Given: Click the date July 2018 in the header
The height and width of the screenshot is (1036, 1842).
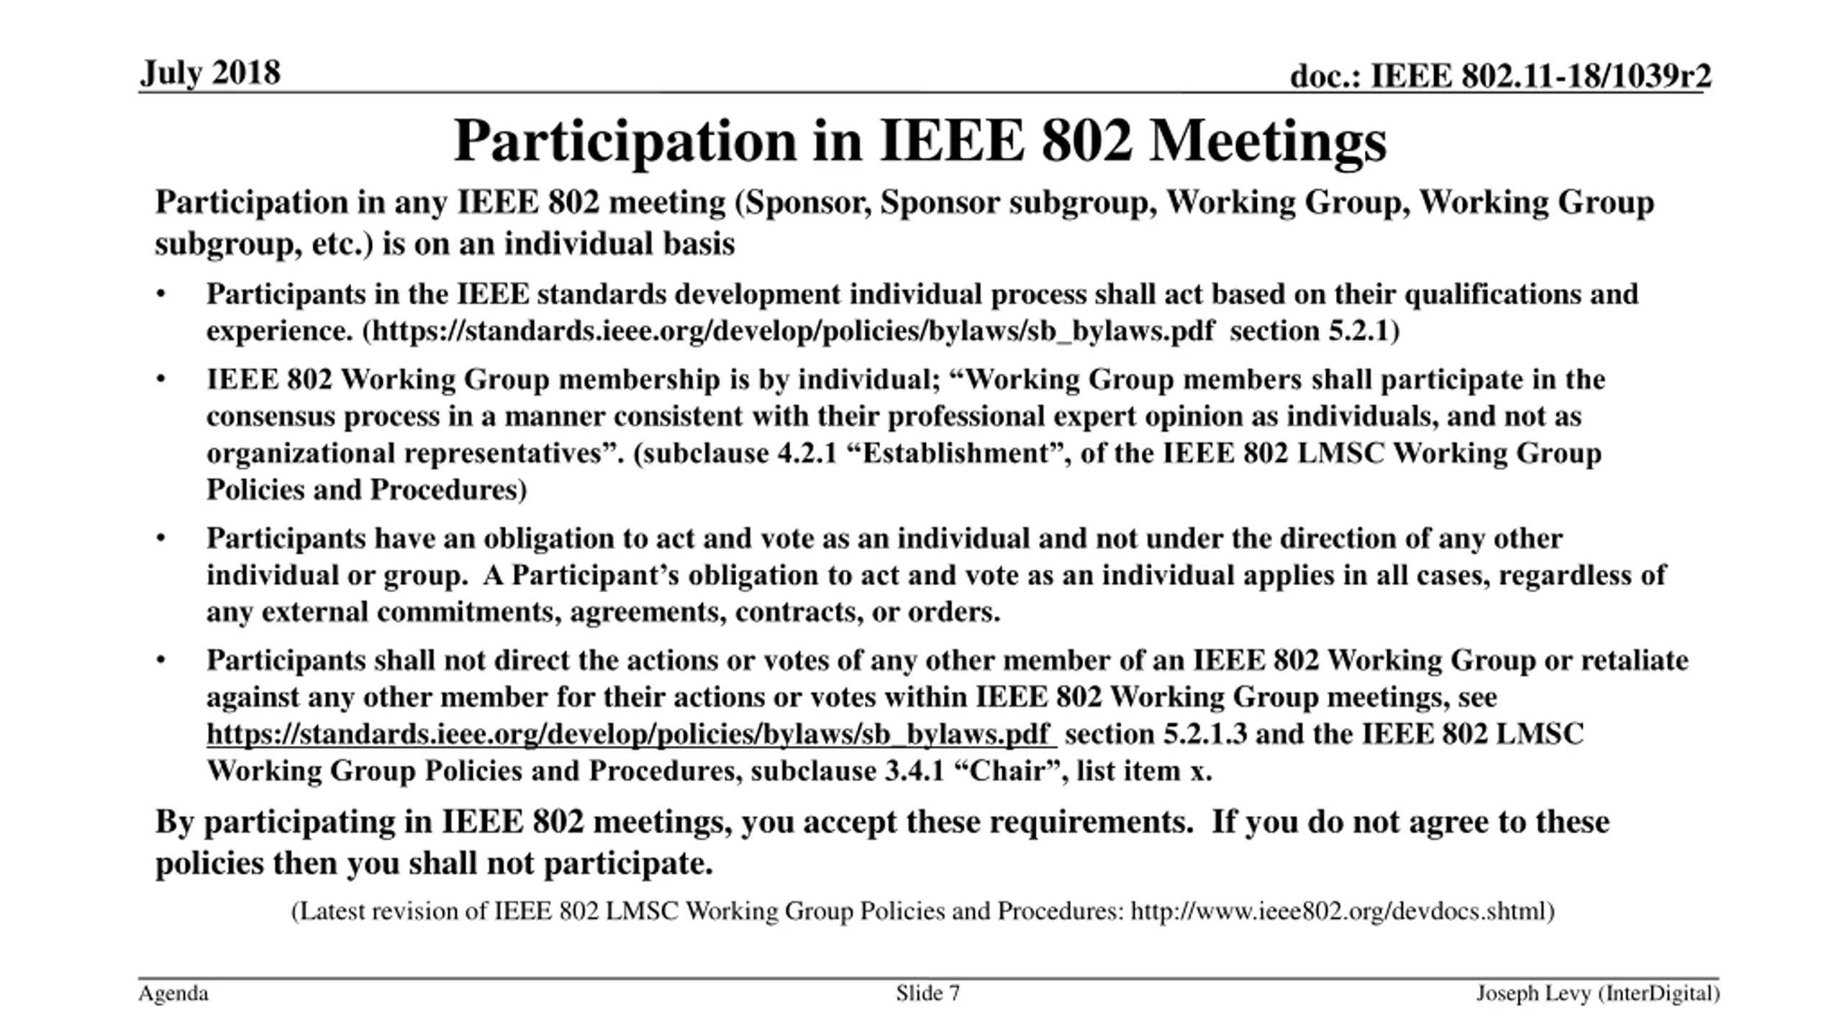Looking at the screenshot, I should [210, 73].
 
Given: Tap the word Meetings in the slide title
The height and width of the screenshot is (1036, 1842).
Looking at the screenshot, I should [1267, 141].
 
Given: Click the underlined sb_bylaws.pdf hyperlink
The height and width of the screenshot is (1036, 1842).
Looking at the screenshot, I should [630, 735].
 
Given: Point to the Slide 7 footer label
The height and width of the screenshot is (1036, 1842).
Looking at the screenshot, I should [927, 994].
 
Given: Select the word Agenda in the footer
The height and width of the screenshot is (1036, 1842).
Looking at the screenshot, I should [173, 994].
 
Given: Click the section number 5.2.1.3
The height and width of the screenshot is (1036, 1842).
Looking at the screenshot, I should [1205, 735].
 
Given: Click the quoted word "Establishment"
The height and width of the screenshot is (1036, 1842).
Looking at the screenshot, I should [957, 454].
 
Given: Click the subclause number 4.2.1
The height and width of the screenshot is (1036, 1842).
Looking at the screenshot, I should [807, 454].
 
